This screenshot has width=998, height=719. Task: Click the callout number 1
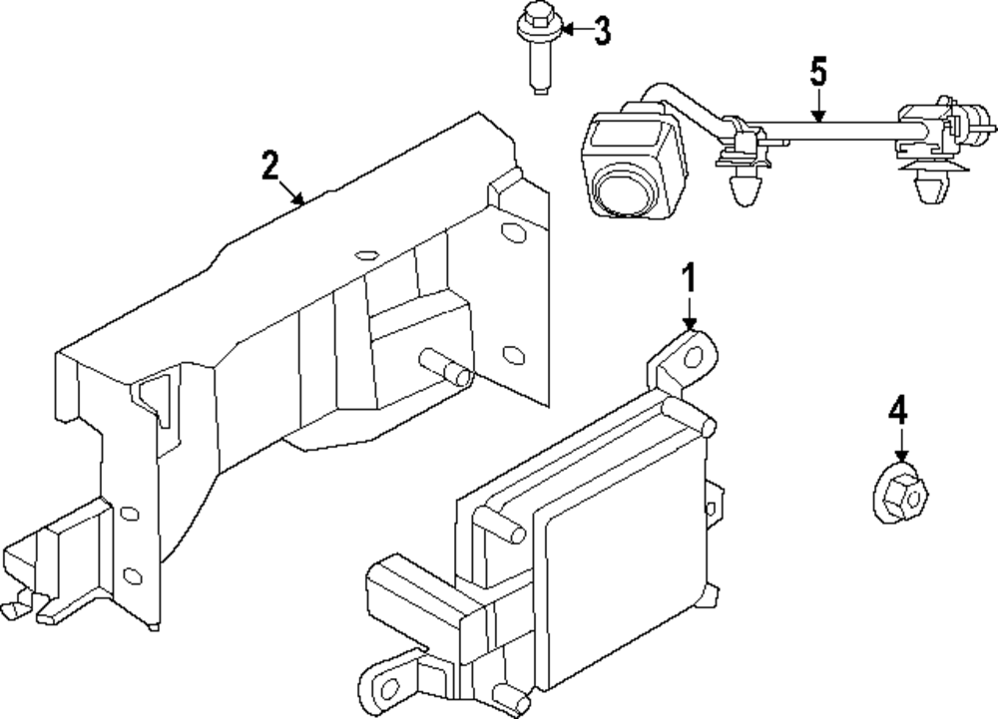click(688, 278)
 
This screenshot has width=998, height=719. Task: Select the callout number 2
click(269, 165)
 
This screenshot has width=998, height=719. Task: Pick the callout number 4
click(898, 409)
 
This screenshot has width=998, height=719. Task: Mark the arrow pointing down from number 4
click(900, 444)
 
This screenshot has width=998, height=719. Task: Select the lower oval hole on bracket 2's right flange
click(513, 353)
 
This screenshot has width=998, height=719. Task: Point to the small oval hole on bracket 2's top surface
click(365, 252)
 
